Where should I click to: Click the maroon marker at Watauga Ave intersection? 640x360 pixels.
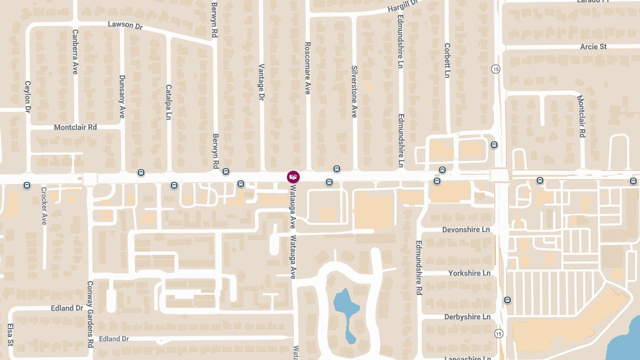(293, 177)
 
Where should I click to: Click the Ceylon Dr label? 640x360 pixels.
(28, 97)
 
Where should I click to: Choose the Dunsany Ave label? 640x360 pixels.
(122, 97)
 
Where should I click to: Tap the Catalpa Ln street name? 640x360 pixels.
(169, 102)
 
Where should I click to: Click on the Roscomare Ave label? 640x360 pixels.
(307, 69)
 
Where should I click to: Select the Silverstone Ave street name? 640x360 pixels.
(354, 92)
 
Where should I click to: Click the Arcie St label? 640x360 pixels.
(593, 47)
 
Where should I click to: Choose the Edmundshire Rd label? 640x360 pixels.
(419, 267)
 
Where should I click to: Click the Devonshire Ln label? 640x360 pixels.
(466, 229)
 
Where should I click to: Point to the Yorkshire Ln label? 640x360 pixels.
(469, 273)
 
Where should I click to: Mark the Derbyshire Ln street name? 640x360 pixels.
(467, 317)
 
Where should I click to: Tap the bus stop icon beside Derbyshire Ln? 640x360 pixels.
(507, 300)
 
